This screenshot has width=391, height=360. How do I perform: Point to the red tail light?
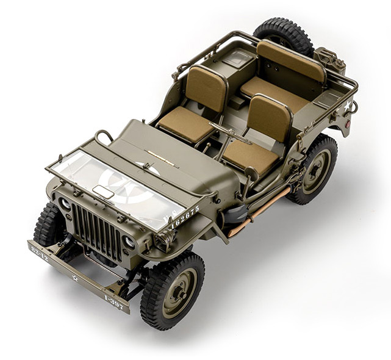click(346, 130)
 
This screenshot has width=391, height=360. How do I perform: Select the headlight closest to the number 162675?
click(129, 242)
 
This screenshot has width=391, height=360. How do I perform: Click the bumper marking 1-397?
click(113, 302)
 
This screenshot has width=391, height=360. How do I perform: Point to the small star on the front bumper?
click(75, 278)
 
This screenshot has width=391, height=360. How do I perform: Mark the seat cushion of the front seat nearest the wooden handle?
click(250, 156)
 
